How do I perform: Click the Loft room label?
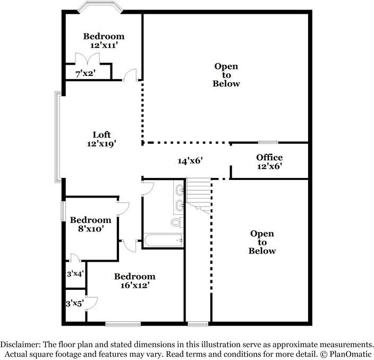(x=101, y=135)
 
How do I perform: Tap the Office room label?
(x=269, y=157)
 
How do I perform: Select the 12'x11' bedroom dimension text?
(x=104, y=45)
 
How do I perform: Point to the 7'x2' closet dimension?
(x=86, y=73)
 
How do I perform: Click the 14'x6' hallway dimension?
(x=190, y=161)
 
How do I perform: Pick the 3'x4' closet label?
(x=75, y=274)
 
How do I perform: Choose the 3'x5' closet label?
(x=75, y=304)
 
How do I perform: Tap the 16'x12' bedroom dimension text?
(x=135, y=285)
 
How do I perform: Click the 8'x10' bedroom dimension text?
(x=91, y=229)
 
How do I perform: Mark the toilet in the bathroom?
(x=177, y=222)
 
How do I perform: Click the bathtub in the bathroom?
(x=164, y=241)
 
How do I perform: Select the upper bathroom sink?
(x=180, y=190)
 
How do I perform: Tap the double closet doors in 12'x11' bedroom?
(x=88, y=58)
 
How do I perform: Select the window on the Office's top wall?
(x=268, y=142)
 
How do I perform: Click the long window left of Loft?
(x=57, y=137)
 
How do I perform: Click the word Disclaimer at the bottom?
(x=20, y=345)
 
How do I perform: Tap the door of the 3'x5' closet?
(x=91, y=303)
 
